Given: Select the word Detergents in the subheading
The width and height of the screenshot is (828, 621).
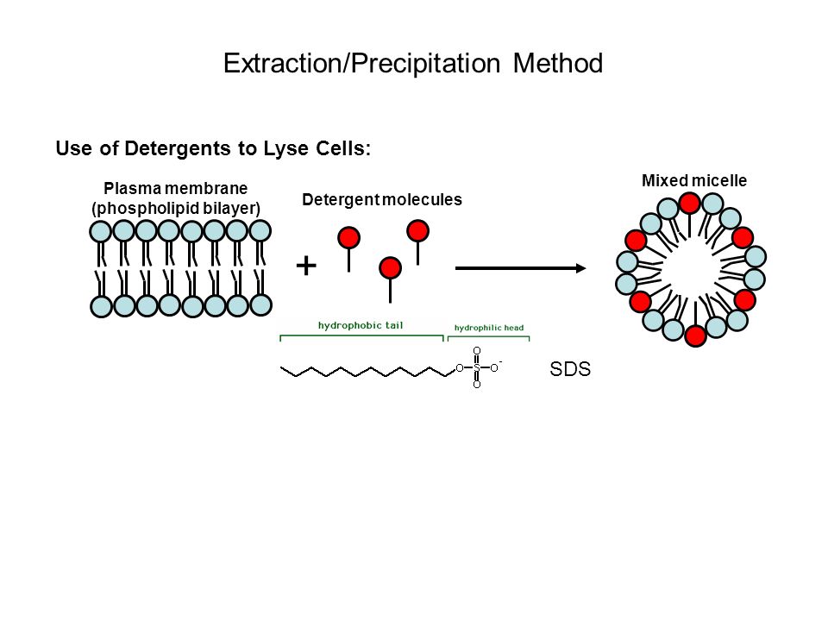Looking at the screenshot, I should pos(179,147).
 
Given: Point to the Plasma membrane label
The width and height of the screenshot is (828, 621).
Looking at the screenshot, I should pos(175,189).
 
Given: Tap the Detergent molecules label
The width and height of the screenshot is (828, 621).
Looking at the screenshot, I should pos(382,200).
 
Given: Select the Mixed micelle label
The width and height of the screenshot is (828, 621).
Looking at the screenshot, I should pos(693,180).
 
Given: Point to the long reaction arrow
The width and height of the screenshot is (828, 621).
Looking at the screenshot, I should pos(521,268).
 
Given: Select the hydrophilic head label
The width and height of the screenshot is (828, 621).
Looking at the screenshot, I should pos(488,328).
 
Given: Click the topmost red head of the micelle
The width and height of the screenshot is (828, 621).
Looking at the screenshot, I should pos(689,203).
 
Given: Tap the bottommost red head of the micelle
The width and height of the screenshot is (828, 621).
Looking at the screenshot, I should pos(696,336).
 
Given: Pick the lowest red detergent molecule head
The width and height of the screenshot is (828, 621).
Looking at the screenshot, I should pos(391,268).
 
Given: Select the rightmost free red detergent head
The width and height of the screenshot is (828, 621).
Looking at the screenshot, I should pos(418,231).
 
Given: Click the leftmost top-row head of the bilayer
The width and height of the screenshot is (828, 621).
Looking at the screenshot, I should pos(101,231).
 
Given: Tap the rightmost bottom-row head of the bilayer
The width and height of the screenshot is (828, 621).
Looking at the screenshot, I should pos(260,304).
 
